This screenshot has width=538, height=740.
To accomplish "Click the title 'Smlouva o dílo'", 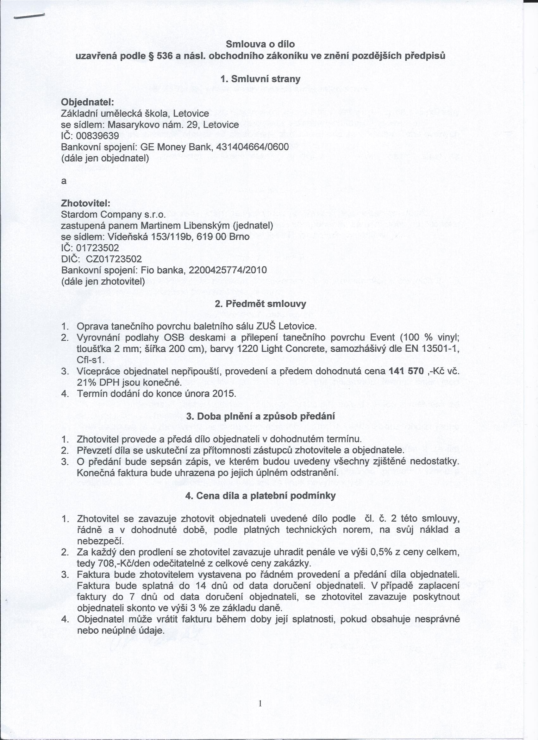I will [260, 44].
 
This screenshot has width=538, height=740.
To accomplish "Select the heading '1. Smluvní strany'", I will [260, 79].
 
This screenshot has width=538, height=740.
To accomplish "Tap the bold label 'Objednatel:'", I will [87, 102].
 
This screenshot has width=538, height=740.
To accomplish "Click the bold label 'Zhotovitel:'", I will [86, 203].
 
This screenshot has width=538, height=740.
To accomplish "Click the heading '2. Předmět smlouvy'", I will [260, 304].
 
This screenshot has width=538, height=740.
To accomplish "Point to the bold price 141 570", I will [406, 371].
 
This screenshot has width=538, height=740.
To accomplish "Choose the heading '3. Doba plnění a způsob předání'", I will [260, 417].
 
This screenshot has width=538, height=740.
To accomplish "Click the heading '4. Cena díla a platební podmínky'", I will [260, 496].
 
